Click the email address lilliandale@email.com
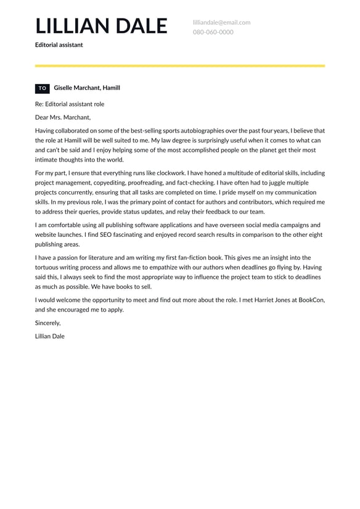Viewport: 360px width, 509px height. tap(221, 22)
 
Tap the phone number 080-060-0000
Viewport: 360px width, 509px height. tap(213, 32)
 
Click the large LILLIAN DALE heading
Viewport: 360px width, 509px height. tap(101, 26)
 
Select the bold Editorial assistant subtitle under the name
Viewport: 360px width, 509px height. tap(59, 45)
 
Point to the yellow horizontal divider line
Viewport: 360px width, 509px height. tap(180, 65)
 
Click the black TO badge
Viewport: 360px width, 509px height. tap(43, 88)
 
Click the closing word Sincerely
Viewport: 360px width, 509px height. tap(48, 323)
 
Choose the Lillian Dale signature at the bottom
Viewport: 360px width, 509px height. tap(50, 336)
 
